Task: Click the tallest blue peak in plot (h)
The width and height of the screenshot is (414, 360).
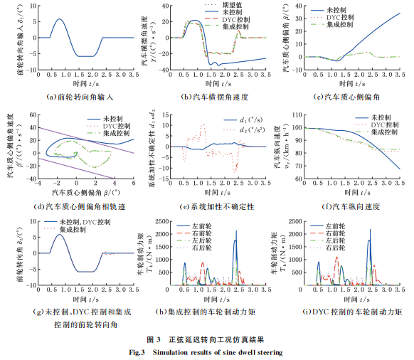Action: click(235, 241)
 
